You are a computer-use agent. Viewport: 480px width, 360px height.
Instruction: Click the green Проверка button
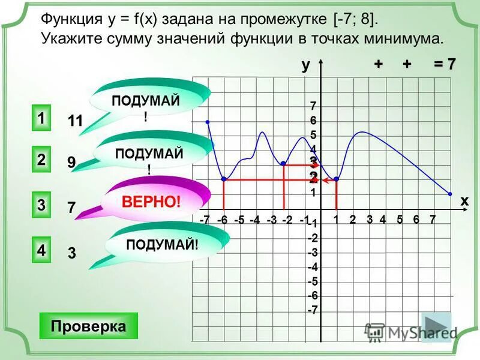88,326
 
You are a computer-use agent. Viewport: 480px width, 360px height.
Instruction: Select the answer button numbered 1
40,118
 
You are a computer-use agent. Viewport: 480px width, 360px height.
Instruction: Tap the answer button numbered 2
40,160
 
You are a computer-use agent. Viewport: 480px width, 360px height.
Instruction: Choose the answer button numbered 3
40,204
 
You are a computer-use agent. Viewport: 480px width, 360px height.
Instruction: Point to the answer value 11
75,121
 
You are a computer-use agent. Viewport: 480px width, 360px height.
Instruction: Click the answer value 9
71,162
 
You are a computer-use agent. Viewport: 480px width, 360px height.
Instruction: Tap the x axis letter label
464,202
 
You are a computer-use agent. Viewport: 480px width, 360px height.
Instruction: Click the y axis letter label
305,65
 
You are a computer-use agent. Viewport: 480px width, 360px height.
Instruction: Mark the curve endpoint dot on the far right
450,194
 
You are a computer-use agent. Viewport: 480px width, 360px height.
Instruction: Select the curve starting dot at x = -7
208,122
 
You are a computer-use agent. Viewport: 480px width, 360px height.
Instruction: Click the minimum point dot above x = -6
223,179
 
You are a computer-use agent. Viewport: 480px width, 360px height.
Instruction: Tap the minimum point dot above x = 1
337,179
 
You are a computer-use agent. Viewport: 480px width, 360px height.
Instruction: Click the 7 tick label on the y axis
313,106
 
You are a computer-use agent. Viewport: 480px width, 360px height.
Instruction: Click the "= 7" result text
445,65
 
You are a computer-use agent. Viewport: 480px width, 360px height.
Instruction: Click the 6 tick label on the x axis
416,220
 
